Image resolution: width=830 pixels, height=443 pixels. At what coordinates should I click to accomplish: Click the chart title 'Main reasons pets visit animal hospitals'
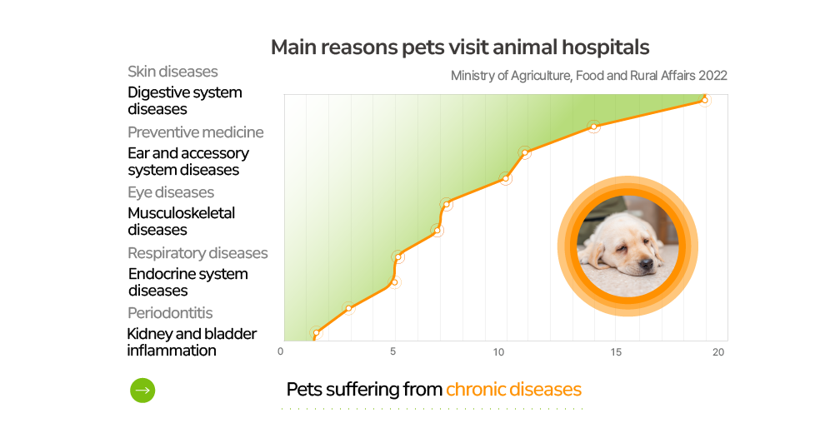pyautogui.click(x=459, y=47)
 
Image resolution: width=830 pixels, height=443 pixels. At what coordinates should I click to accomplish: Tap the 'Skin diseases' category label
pyautogui.click(x=172, y=72)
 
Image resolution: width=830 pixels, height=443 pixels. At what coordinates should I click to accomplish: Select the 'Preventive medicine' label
pyautogui.click(x=195, y=132)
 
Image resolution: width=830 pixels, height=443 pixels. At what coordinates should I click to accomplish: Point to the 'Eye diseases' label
pyautogui.click(x=171, y=192)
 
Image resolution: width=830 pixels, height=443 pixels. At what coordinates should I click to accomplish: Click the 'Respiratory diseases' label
pyautogui.click(x=197, y=253)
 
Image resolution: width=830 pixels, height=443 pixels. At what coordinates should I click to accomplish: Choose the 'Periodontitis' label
pyautogui.click(x=170, y=313)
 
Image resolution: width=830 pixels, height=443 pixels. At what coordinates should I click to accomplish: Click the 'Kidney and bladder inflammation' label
pyautogui.click(x=192, y=342)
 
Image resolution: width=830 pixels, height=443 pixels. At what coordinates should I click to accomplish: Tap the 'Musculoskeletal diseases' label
pyautogui.click(x=181, y=221)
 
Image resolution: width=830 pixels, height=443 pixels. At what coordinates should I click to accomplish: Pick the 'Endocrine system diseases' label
pyautogui.click(x=187, y=282)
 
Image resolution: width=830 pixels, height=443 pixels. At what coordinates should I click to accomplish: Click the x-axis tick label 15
pyautogui.click(x=616, y=352)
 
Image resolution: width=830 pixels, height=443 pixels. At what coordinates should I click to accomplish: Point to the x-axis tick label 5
pyautogui.click(x=392, y=351)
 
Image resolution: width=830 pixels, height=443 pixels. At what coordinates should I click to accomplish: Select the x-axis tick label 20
pyautogui.click(x=717, y=352)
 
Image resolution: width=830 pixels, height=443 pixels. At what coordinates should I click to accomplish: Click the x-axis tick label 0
pyautogui.click(x=281, y=351)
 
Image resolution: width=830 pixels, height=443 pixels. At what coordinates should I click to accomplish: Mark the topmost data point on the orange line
pyautogui.click(x=704, y=100)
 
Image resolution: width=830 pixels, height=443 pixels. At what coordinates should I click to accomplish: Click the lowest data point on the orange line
pyautogui.click(x=316, y=333)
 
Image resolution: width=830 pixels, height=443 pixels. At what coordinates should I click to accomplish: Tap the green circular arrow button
pyautogui.click(x=142, y=391)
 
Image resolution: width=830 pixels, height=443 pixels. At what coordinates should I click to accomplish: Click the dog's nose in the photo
pyautogui.click(x=646, y=264)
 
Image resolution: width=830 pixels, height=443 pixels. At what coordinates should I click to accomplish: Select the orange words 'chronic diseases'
pyautogui.click(x=513, y=390)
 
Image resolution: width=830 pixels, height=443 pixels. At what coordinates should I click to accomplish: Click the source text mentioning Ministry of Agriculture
pyautogui.click(x=588, y=76)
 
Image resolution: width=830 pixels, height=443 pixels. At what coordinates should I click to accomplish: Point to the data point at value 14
pyautogui.click(x=593, y=127)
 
